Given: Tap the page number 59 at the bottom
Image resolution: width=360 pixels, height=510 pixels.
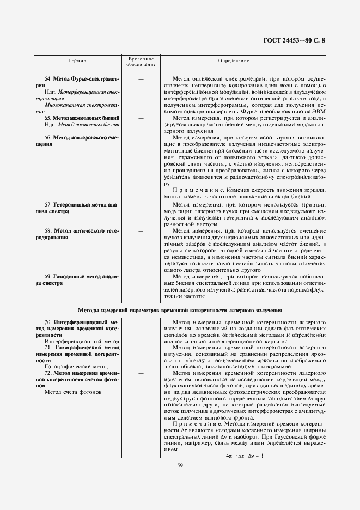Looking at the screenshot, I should coord(180,465).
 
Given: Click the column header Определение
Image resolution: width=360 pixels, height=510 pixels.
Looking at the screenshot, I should coord(234,61).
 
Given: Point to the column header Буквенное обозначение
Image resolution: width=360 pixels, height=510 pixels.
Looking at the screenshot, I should coord(141,62).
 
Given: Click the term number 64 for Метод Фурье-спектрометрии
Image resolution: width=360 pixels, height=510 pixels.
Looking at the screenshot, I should coord(47,79).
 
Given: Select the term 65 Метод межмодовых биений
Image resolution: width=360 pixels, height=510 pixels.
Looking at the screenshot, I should coord(82,118).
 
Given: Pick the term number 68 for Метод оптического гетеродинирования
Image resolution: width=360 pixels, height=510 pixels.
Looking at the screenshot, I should coord(47,231).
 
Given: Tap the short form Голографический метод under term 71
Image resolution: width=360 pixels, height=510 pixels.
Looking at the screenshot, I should coord(76,367).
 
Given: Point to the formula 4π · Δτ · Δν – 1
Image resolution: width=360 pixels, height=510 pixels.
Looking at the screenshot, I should coord(244,456).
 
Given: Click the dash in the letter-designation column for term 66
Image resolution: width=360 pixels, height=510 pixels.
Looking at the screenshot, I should coord(141,138).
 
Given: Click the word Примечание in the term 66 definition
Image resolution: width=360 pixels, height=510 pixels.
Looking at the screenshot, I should coord(191,191).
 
